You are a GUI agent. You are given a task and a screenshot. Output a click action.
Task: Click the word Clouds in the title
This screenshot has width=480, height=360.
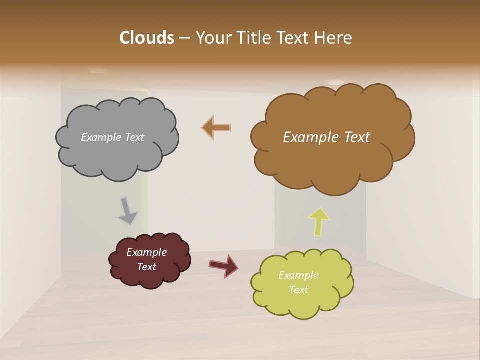point(147,38)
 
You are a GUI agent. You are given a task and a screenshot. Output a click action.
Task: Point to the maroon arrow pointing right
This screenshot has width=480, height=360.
point(224,265)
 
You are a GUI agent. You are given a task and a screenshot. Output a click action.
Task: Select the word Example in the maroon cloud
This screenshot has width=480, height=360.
point(146,252)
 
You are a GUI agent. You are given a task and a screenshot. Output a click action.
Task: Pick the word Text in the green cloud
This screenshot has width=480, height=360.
point(298,290)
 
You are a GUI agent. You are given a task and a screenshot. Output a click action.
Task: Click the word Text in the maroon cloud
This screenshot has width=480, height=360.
point(146,267)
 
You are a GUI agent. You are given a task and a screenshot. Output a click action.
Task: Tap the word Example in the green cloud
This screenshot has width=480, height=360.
point(298,275)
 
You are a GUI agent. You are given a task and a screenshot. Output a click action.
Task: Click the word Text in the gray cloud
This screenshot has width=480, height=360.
point(133,137)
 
